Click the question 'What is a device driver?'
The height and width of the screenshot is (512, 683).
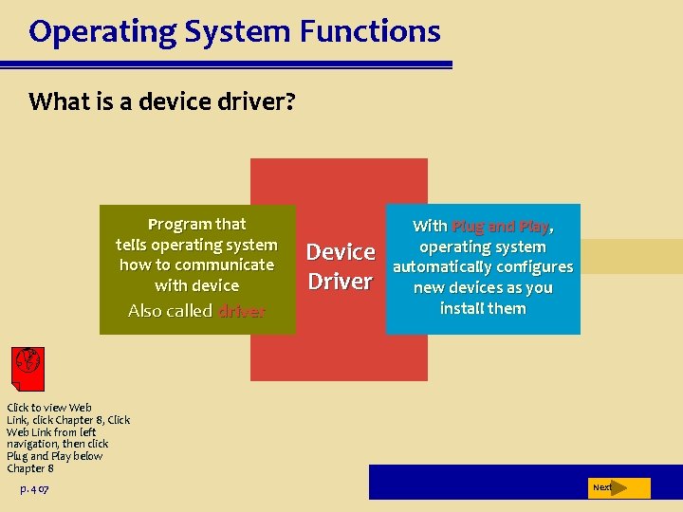click(x=162, y=101)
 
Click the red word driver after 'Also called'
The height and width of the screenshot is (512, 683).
click(x=242, y=311)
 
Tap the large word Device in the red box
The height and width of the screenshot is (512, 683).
click(x=341, y=252)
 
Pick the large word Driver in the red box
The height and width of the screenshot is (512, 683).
click(x=341, y=282)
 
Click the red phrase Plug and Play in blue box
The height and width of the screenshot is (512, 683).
click(x=500, y=227)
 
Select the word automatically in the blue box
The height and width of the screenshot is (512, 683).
click(x=449, y=267)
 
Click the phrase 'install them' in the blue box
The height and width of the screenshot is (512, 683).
click(x=483, y=308)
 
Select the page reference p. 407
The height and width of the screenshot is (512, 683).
click(x=34, y=489)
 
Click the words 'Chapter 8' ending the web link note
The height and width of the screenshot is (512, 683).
click(x=30, y=468)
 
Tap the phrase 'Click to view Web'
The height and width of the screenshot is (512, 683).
click(x=49, y=408)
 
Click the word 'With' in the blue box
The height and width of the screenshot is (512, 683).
click(x=430, y=227)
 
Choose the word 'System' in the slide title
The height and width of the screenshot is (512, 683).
click(x=246, y=32)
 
